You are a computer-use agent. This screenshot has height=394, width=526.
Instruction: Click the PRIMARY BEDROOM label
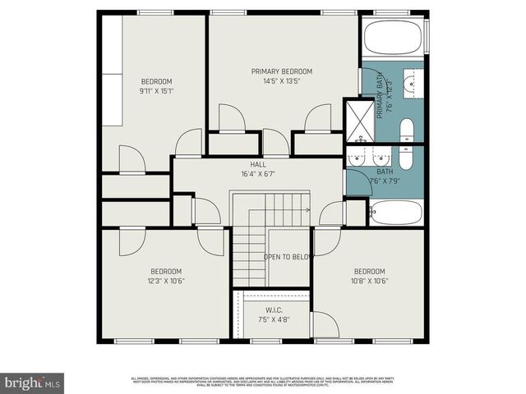(x=281, y=71)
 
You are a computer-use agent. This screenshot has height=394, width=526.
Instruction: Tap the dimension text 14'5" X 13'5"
(x=281, y=81)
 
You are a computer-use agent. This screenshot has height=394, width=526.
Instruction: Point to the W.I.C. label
(x=274, y=309)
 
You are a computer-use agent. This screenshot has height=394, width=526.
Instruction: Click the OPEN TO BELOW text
(x=288, y=257)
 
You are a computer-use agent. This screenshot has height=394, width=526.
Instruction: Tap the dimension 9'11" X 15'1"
(x=156, y=90)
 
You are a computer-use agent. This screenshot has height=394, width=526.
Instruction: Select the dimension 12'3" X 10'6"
(x=165, y=281)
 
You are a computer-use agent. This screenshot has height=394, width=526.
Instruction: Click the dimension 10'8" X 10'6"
(x=370, y=281)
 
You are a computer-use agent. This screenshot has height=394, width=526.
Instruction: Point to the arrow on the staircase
(x=306, y=208)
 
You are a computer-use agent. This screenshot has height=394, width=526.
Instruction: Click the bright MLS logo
(x=33, y=382)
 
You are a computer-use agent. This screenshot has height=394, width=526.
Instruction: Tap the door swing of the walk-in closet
(x=324, y=326)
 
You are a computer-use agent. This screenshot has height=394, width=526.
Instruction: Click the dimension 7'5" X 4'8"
(x=274, y=319)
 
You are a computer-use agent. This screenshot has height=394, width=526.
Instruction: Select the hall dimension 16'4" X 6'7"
(x=258, y=174)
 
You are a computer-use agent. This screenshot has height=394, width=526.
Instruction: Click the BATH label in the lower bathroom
(x=385, y=171)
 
